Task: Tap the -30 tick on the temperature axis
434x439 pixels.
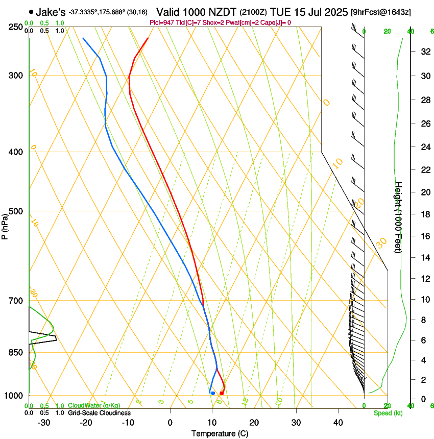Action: click(44, 423)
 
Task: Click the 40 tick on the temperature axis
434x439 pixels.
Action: click(337, 423)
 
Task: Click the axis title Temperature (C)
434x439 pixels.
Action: click(220, 434)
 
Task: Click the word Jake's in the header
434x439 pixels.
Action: click(50, 12)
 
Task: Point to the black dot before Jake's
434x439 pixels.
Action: click(32, 12)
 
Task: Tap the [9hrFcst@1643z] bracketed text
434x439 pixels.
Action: click(381, 12)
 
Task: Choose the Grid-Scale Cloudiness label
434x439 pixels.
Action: click(99, 413)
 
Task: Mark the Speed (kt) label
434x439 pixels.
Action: click(388, 413)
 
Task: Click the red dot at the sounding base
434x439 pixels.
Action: click(222, 393)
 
